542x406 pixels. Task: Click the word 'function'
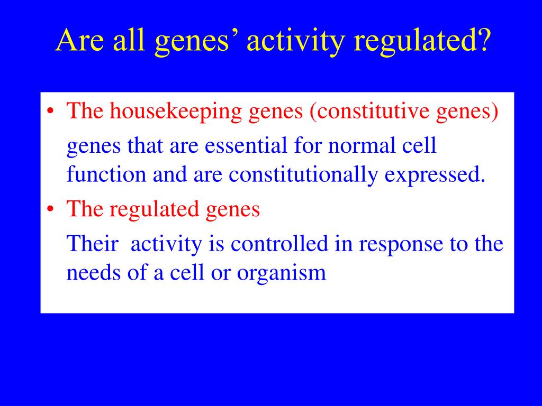[x=106, y=174]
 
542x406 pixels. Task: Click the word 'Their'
[x=92, y=243]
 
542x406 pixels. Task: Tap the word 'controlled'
[x=279, y=243]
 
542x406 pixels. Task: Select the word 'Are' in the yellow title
[x=79, y=40]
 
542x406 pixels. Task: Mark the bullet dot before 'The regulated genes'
[x=50, y=209]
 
